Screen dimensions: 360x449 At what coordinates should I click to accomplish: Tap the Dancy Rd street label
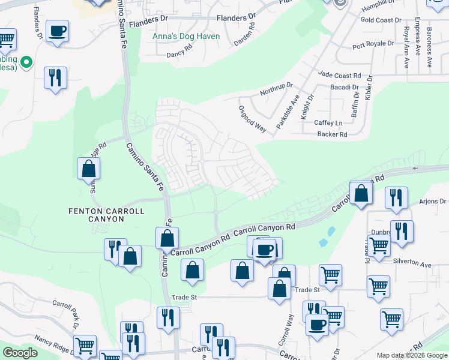click(x=182, y=53)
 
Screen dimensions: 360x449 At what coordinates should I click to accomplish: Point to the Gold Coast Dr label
click(x=381, y=20)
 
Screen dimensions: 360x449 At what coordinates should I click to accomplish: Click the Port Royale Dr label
click(x=373, y=44)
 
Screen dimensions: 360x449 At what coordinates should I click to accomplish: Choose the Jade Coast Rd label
click(x=340, y=76)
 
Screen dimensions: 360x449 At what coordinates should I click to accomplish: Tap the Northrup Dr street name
click(x=276, y=89)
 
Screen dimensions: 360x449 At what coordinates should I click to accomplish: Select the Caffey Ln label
click(x=328, y=122)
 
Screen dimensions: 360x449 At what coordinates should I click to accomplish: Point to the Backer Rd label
click(x=333, y=134)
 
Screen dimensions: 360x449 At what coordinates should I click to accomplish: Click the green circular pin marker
click(x=26, y=61)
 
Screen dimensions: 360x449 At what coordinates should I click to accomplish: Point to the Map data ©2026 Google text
click(x=411, y=355)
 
